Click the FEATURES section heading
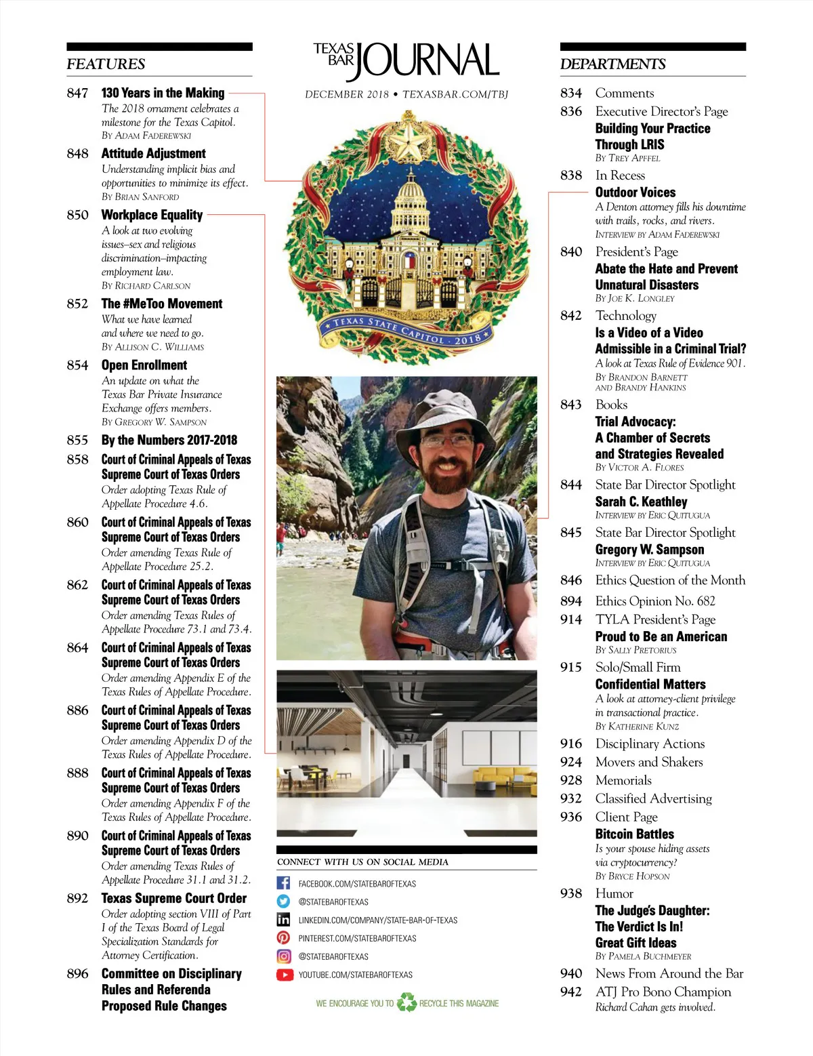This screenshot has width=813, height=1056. coord(106,64)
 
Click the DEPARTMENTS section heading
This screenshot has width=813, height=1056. coord(612,64)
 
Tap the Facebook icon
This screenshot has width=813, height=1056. coord(284,883)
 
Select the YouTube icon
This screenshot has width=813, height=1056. coord(284,975)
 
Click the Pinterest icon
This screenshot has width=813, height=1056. coord(284,938)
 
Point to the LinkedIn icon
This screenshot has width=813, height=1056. coord(284,920)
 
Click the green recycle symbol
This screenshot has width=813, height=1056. coord(406,1002)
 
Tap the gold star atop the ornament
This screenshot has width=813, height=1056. coord(409,141)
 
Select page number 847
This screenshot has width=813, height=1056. coord(77,94)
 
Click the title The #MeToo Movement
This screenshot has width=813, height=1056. coord(162,304)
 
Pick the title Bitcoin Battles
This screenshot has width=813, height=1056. coord(634,834)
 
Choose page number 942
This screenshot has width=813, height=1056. coord(570,992)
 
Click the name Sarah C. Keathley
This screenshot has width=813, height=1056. coord(641,502)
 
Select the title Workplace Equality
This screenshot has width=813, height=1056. coord(152,215)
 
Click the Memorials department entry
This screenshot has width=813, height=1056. coord(623,780)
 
